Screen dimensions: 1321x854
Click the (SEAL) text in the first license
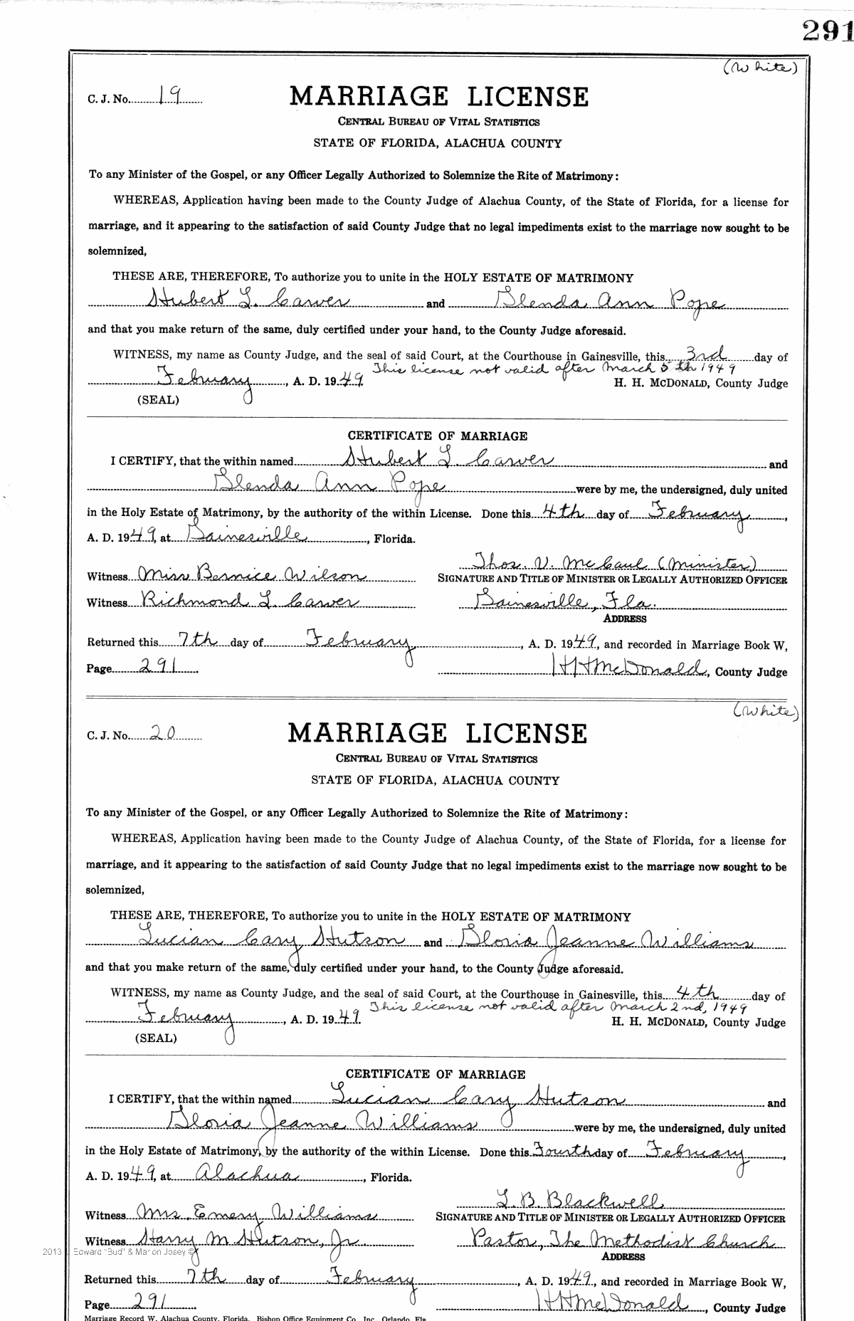point(157,400)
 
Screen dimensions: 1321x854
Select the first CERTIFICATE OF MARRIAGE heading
point(437,436)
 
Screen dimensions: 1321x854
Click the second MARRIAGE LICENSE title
point(437,733)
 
